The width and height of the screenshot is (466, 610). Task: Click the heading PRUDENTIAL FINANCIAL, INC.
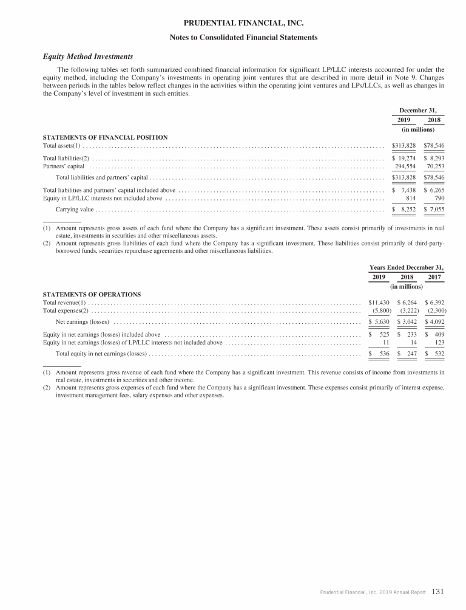point(233,24)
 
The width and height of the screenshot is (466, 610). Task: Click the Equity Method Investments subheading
point(88,57)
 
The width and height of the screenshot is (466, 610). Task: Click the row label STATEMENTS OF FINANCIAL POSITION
point(105,137)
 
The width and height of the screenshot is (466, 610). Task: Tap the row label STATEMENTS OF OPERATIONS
point(92,293)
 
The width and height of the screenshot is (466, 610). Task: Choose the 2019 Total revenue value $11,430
point(379,302)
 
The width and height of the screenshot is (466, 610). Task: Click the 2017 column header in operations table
point(434,277)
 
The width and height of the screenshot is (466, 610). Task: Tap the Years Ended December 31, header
point(407,267)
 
